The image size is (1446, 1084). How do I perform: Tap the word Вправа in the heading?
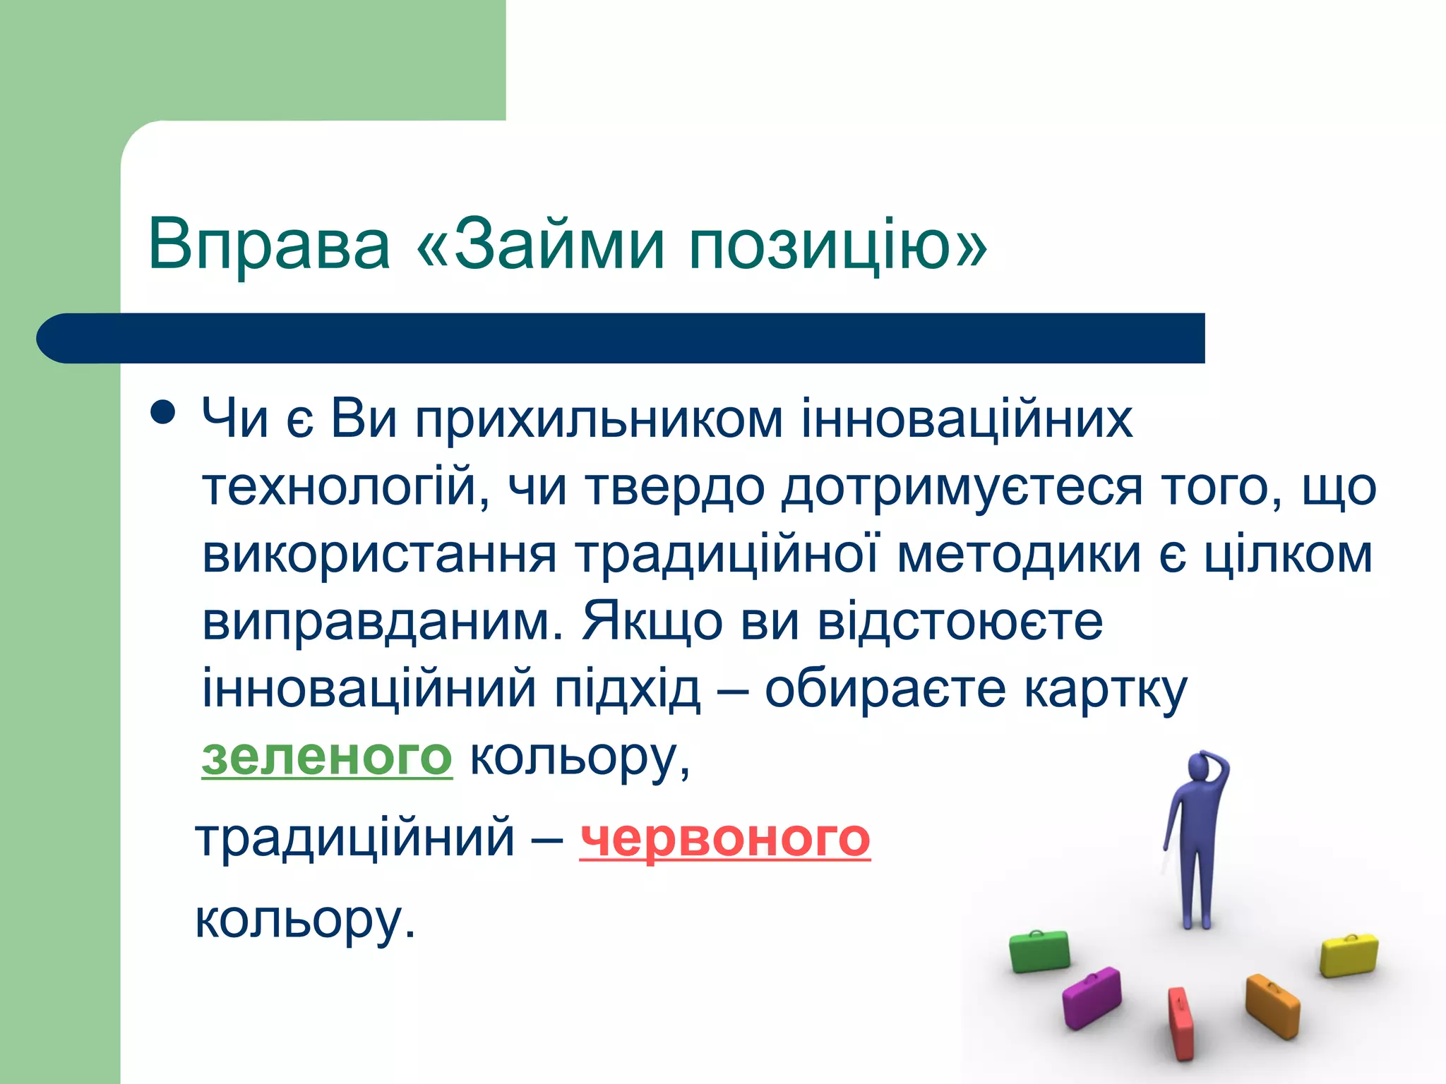[x=269, y=244]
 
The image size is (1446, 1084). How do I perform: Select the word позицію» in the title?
[x=838, y=246]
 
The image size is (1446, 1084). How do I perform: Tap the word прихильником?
[x=599, y=419]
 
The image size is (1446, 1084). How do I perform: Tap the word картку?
[x=1106, y=689]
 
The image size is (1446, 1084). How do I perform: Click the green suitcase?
[x=1039, y=951]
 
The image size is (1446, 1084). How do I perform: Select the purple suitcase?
[x=1092, y=997]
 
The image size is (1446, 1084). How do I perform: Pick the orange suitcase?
[x=1272, y=1006]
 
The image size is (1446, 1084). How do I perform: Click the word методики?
[x=1019, y=555]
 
